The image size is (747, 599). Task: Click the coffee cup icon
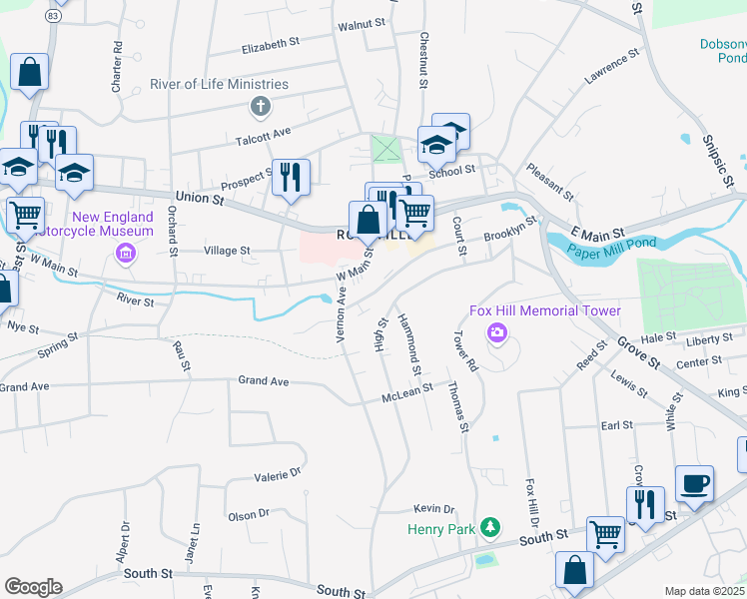pos(694,483)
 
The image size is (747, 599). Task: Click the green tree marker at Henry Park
pos(489,526)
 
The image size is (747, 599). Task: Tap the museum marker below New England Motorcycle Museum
pos(126,252)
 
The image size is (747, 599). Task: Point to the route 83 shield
pos(53,15)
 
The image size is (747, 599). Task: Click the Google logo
pos(33,587)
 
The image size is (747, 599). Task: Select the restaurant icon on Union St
pos(291,178)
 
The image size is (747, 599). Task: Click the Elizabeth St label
pos(271,45)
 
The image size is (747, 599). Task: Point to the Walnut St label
pos(362,22)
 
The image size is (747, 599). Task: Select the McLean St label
pos(407,396)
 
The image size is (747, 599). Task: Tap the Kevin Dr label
pos(434,508)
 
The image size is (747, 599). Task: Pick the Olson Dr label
pos(249,515)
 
